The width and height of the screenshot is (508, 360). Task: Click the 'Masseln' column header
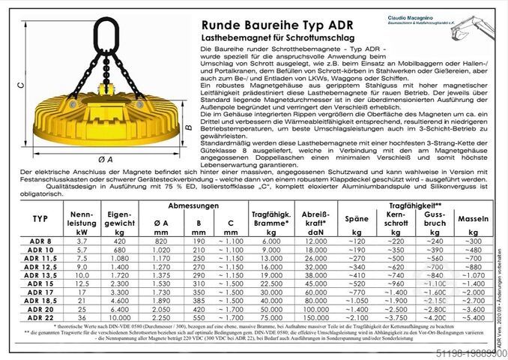[472, 220]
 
